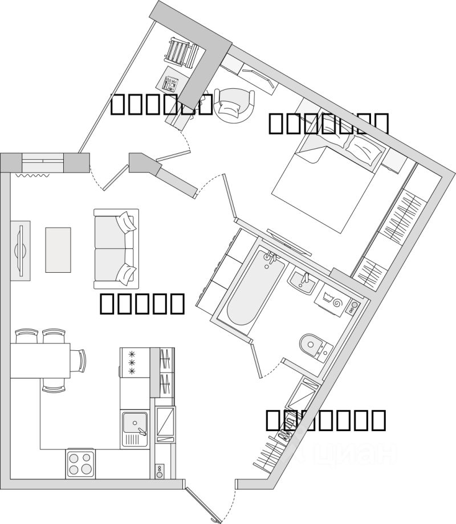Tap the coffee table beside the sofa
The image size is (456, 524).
pos(58,249)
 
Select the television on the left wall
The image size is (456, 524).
pos(21,249)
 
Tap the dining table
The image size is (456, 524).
pos(40,361)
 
